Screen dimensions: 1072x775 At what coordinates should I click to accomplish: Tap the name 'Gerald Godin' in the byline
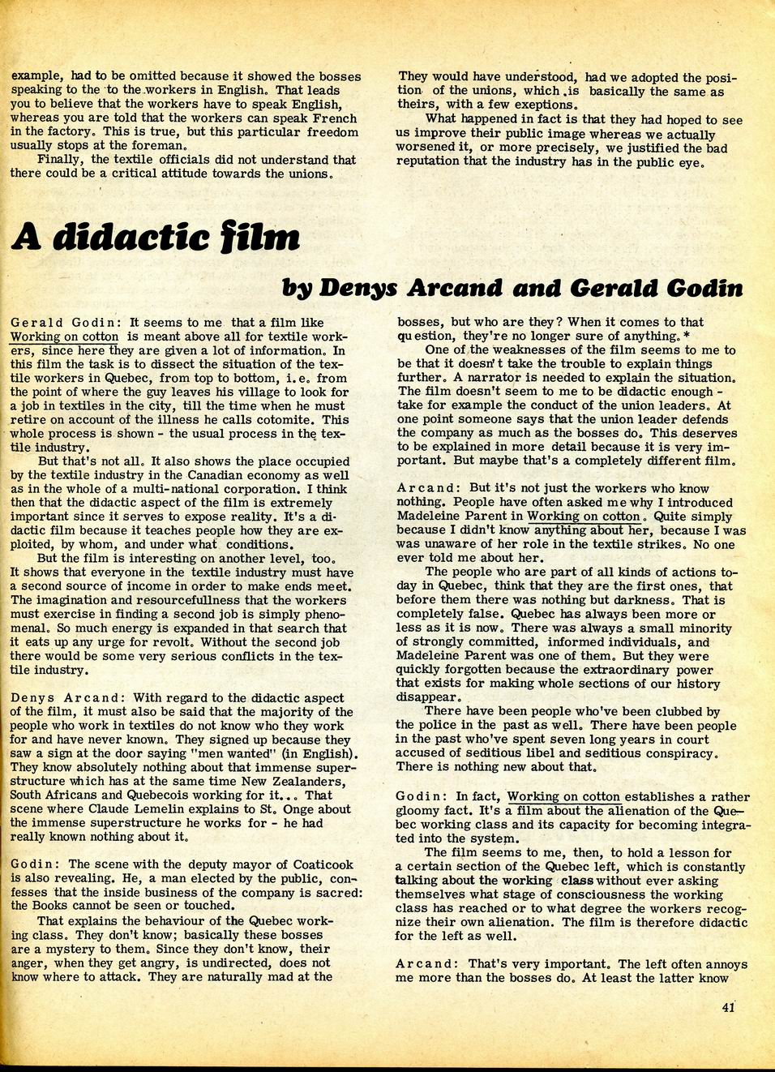point(657,288)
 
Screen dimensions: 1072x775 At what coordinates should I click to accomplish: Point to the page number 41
point(727,1008)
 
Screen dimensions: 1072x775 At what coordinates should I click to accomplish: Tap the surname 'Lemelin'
point(212,809)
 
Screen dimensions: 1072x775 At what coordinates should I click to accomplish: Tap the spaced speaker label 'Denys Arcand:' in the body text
point(68,697)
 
